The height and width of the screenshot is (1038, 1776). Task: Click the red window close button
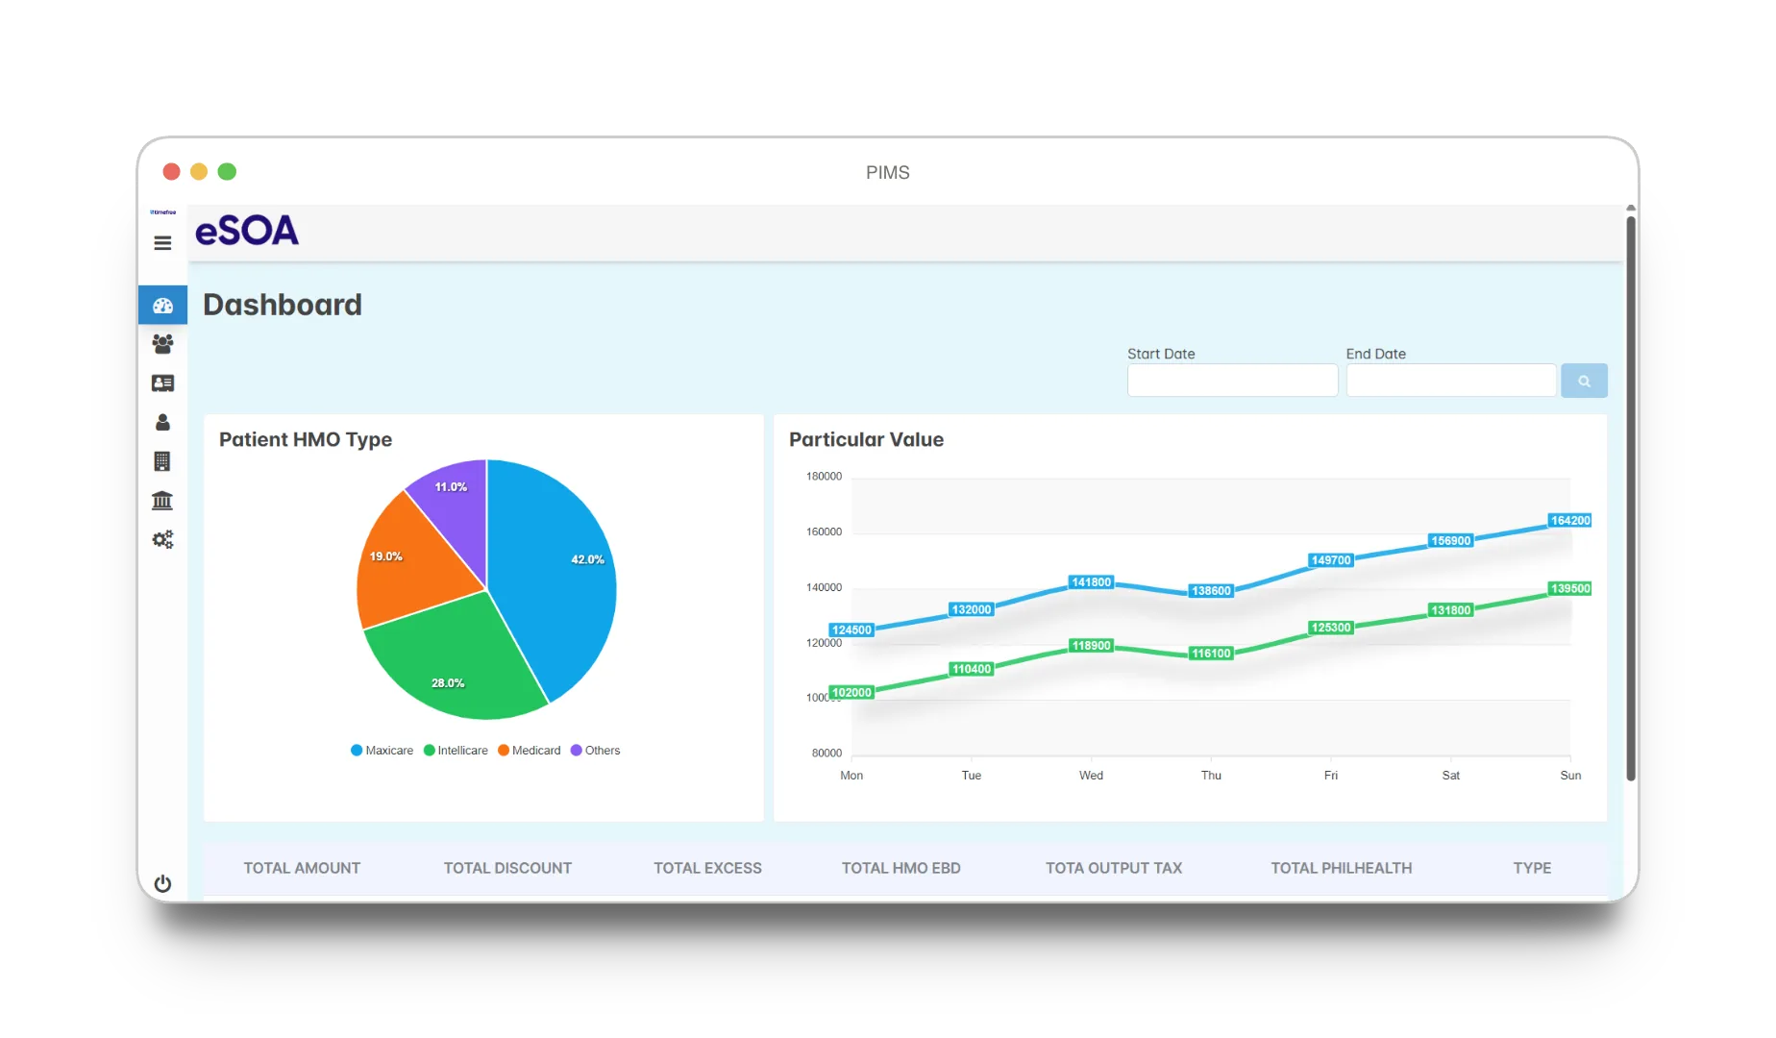point(171,171)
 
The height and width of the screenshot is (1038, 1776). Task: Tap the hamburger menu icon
point(162,243)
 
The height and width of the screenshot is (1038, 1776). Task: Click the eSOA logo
point(247,231)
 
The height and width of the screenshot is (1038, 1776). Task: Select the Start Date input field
point(1232,381)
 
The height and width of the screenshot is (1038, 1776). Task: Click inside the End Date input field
point(1451,381)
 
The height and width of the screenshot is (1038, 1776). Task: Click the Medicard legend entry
point(529,751)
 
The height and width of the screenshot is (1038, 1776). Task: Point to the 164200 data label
point(1570,521)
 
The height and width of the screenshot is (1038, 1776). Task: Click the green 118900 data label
point(1091,646)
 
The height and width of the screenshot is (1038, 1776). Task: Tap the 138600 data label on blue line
point(1211,591)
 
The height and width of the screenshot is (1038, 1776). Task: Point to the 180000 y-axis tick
point(824,477)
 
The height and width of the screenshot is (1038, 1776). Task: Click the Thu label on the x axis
point(1211,776)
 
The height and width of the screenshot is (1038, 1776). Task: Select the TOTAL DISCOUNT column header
point(507,868)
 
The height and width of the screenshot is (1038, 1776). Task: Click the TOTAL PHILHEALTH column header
point(1342,868)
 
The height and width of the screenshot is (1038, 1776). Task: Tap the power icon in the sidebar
point(162,883)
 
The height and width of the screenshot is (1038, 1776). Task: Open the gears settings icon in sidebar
point(162,539)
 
